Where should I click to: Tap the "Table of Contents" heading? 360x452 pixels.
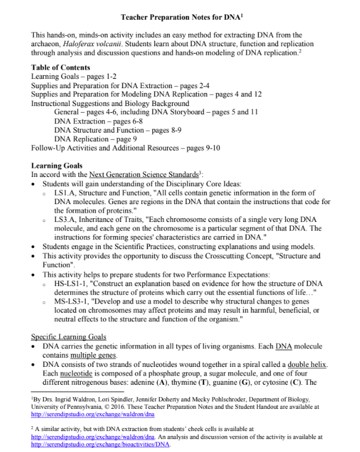(x=60, y=67)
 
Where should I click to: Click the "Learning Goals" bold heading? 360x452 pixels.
(x=57, y=166)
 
